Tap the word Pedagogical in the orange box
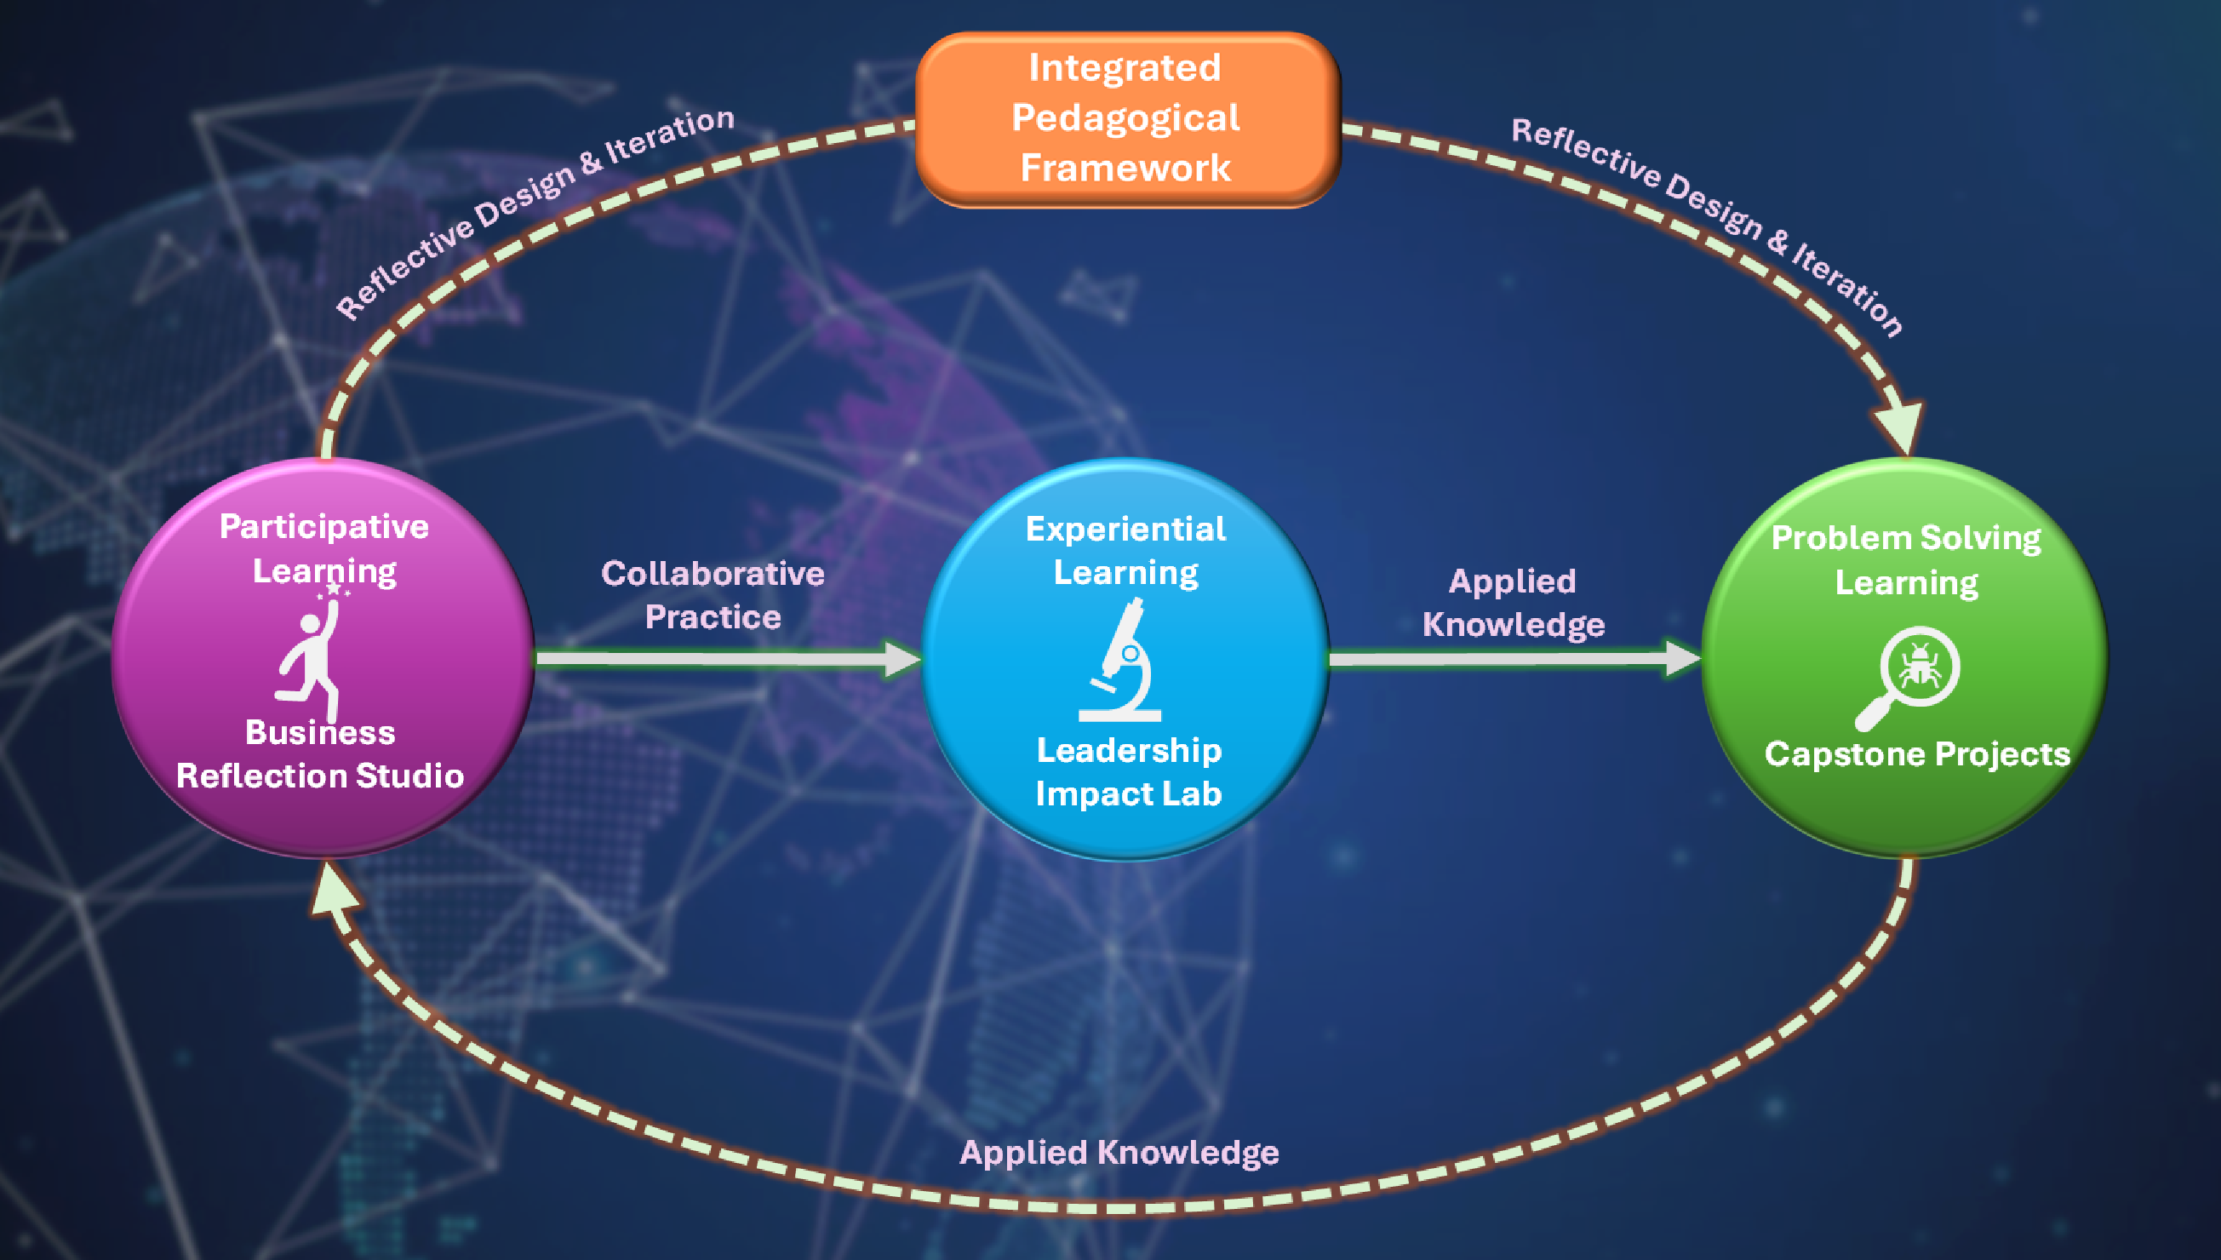(1125, 117)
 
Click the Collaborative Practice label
(713, 594)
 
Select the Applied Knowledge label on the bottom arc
(1119, 1153)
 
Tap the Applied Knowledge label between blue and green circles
(1514, 603)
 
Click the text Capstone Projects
(1917, 754)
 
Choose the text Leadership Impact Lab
(1128, 772)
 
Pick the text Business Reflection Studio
(320, 754)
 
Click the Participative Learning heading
(324, 548)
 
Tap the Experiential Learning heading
(1125, 550)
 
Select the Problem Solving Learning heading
(1906, 560)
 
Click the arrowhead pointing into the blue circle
(902, 660)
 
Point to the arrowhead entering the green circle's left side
(1682, 659)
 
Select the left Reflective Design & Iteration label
(534, 211)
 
